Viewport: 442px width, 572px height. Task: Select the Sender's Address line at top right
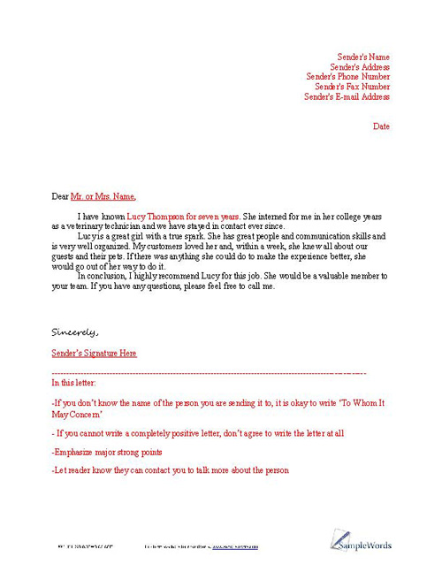pos(360,67)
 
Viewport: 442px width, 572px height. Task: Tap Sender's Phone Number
pos(348,77)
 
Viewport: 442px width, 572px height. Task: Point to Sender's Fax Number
pos(352,87)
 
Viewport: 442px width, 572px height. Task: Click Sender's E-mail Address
pos(347,96)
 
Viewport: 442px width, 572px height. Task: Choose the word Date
pos(381,126)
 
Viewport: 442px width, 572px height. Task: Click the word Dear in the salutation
pos(60,196)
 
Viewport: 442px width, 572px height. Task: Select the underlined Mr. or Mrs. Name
pos(103,196)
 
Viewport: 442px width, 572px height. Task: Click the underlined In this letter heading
pos(74,383)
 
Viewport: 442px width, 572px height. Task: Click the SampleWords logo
pos(362,541)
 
